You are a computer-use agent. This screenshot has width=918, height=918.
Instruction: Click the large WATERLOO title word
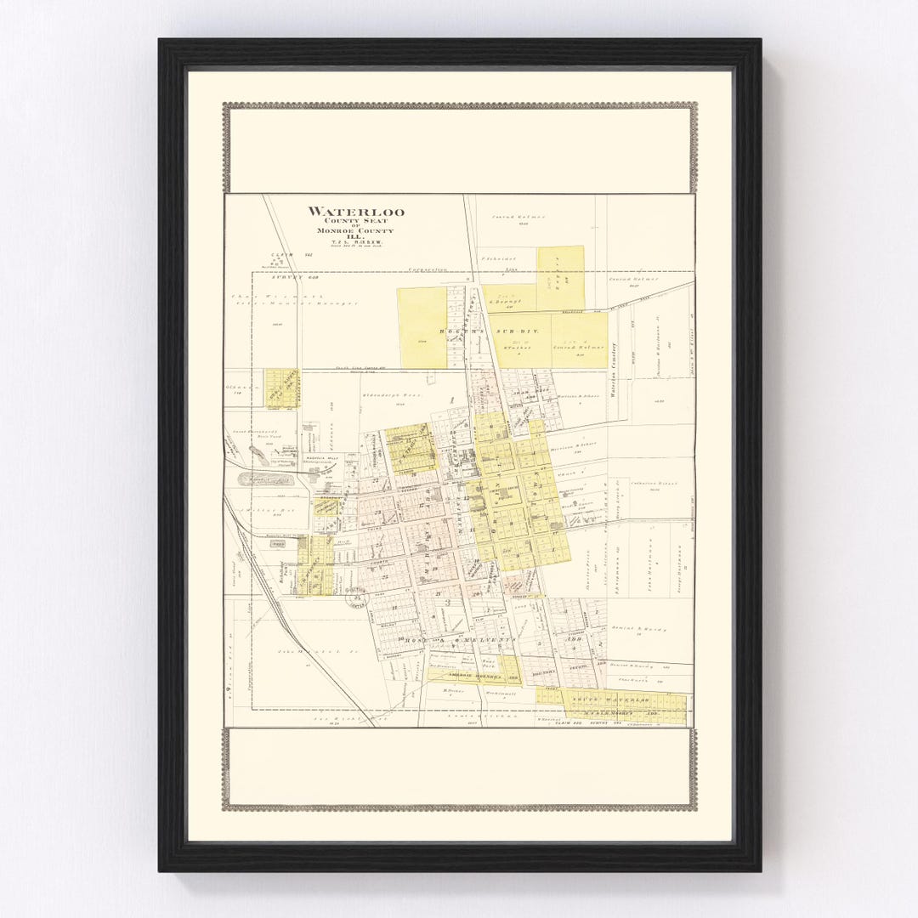355,212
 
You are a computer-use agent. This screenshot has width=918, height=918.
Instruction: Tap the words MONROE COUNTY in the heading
355,230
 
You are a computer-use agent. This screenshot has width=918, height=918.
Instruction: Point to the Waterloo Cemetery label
611,370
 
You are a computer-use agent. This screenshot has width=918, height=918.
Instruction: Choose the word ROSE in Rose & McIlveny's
420,639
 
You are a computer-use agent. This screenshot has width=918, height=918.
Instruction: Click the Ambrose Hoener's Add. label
474,677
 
